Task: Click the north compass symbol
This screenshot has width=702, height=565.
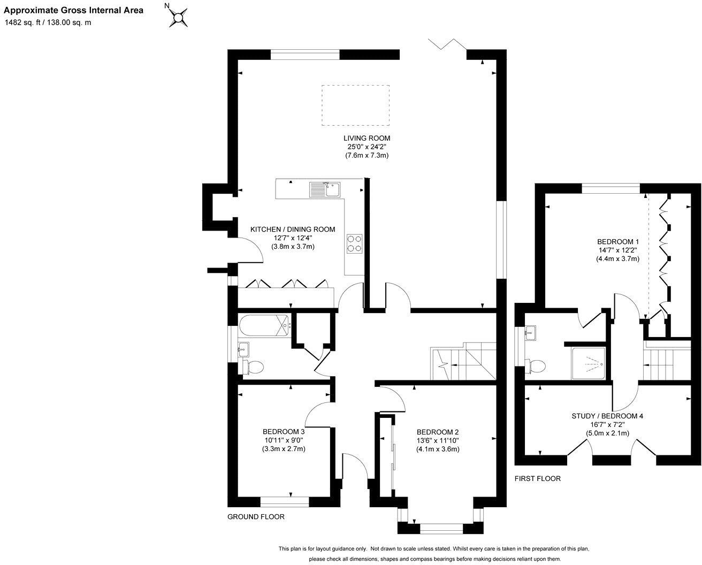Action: [x=179, y=17]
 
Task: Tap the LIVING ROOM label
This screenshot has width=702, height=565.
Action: [x=367, y=138]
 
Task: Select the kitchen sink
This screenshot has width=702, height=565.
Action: [x=324, y=189]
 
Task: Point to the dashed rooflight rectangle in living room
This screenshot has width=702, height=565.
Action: [x=355, y=105]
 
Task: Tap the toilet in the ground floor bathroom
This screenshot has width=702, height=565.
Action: [x=253, y=367]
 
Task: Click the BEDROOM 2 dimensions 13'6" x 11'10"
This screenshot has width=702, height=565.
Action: [x=438, y=441]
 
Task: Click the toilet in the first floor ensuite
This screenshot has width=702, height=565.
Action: [x=536, y=366]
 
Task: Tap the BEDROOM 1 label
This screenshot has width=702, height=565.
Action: [x=618, y=241]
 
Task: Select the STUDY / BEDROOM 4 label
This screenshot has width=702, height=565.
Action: [x=607, y=416]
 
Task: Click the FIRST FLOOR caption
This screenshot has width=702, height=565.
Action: [x=537, y=478]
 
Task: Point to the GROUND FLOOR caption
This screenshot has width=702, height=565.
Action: [x=256, y=517]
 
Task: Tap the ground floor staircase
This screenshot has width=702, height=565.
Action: [x=463, y=362]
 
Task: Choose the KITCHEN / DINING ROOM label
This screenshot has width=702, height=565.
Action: [x=293, y=229]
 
